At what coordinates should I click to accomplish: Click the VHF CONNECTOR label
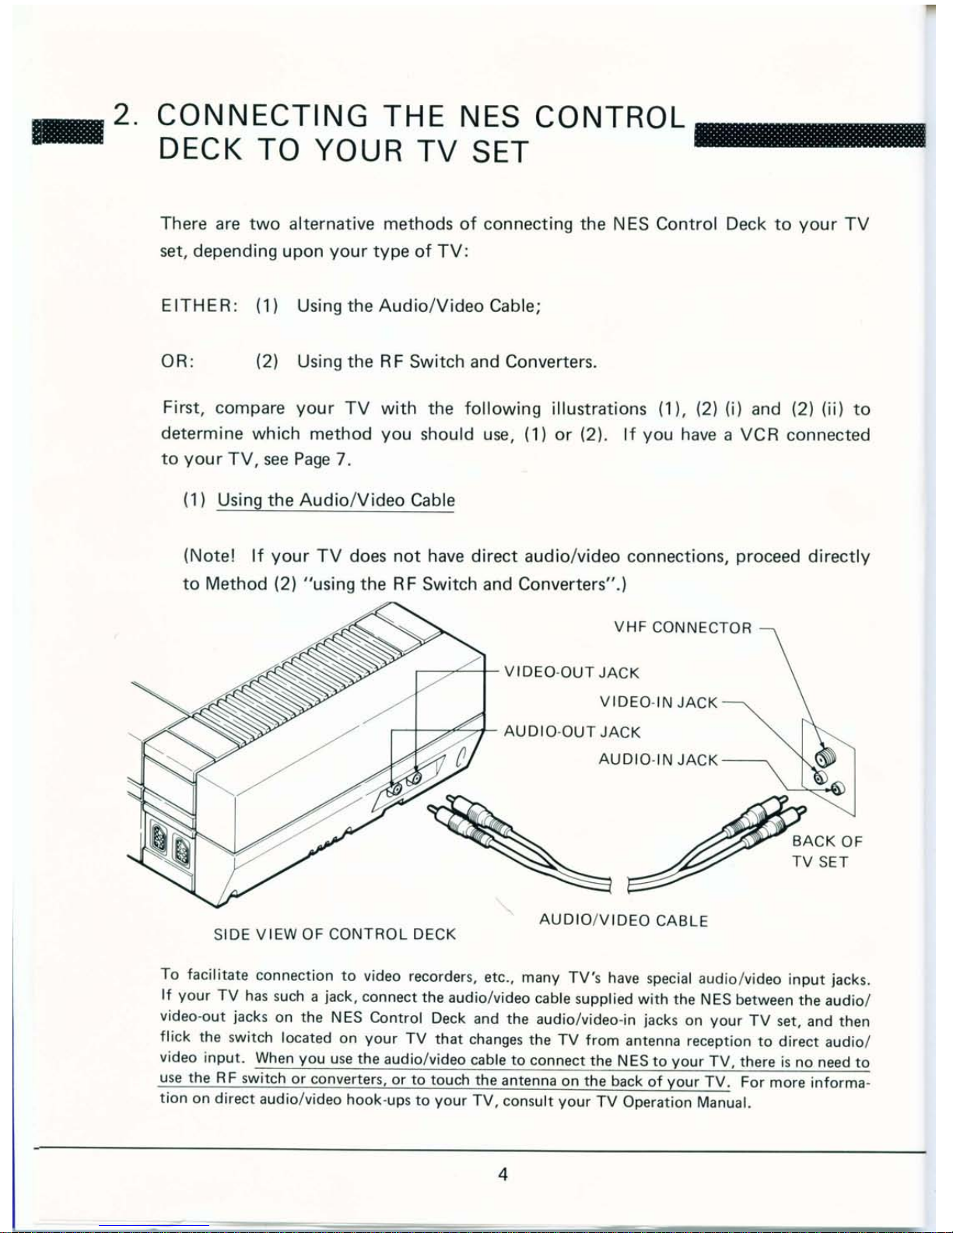click(683, 628)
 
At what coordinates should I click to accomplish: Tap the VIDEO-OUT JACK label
click(572, 672)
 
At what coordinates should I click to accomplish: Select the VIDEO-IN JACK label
click(658, 702)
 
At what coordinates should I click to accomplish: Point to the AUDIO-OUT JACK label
click(572, 732)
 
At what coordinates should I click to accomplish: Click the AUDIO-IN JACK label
click(658, 760)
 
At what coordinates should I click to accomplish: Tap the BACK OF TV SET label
click(826, 851)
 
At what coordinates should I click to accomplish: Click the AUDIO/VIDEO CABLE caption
click(623, 921)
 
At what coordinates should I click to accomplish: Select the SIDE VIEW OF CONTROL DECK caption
click(335, 934)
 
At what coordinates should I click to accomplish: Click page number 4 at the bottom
click(503, 1174)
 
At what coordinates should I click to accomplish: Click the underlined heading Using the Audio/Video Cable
click(335, 500)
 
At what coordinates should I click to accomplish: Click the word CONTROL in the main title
click(609, 117)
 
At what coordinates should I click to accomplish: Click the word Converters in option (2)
click(550, 362)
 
